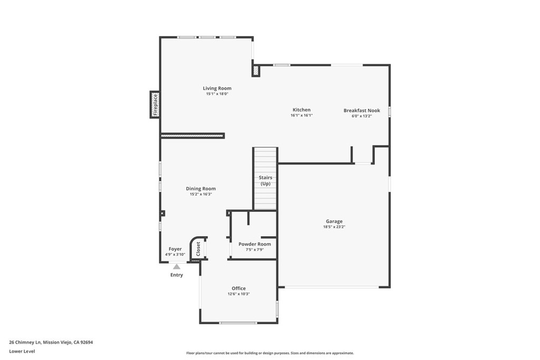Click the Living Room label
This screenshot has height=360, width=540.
pyautogui.click(x=217, y=89)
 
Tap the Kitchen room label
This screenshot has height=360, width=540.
pyautogui.click(x=302, y=110)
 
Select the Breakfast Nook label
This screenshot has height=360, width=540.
pyautogui.click(x=361, y=110)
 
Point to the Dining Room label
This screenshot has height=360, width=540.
pyautogui.click(x=200, y=189)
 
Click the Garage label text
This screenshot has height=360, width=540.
pyautogui.click(x=334, y=221)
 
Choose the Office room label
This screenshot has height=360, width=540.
pyautogui.click(x=238, y=288)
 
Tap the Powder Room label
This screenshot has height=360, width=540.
pyautogui.click(x=255, y=244)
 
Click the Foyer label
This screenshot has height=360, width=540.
pyautogui.click(x=175, y=249)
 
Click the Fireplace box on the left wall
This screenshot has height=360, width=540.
pyautogui.click(x=155, y=104)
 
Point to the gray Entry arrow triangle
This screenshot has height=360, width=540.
pyautogui.click(x=177, y=267)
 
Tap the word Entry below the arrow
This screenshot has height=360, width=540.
pyautogui.click(x=177, y=275)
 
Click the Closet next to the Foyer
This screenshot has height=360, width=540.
pyautogui.click(x=198, y=249)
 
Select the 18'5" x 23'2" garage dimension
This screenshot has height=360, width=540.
pyautogui.click(x=334, y=227)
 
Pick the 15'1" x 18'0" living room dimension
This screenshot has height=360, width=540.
pyautogui.click(x=217, y=94)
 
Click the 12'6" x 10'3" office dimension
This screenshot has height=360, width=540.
pyautogui.click(x=238, y=294)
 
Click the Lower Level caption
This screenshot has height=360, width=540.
pyautogui.click(x=22, y=351)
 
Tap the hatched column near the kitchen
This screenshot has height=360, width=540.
pyautogui.click(x=256, y=71)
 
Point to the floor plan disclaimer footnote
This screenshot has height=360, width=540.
pyautogui.click(x=269, y=353)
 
